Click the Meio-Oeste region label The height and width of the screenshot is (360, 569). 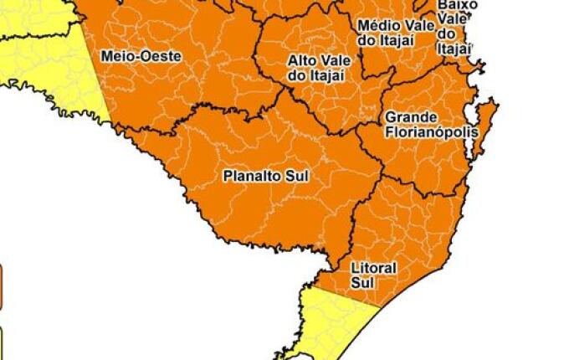pos(140,56)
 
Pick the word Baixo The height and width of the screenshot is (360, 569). pos(457,5)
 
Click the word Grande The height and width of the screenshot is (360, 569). pos(407,118)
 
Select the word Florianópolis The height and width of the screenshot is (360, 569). pos(432,132)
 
